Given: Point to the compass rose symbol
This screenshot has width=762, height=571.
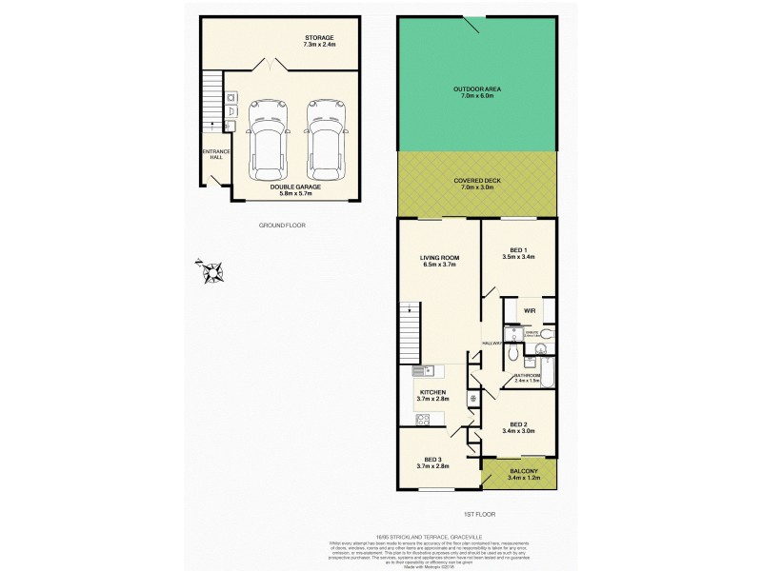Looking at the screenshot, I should pos(211,273).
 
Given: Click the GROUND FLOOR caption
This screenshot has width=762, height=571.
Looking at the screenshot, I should pos(282,226).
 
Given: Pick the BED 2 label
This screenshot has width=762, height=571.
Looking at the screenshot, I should pos(518,427).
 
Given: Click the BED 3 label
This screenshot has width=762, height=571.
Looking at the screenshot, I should pos(433,463).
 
